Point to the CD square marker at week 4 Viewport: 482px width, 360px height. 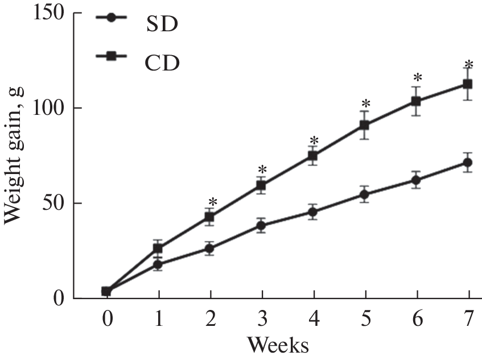click(x=313, y=156)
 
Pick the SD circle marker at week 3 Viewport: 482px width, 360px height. click(x=262, y=226)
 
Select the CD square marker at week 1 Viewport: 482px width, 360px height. click(x=158, y=249)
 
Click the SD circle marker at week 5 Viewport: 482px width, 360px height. click(x=365, y=195)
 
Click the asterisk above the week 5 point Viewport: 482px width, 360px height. click(x=365, y=105)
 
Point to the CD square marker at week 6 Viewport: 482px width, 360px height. click(x=417, y=101)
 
